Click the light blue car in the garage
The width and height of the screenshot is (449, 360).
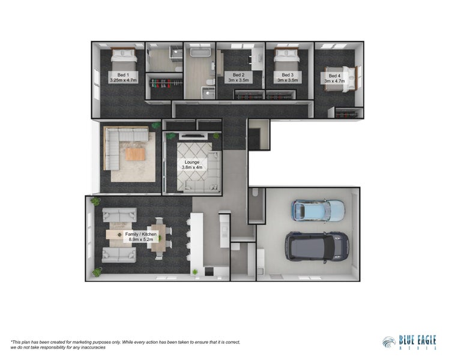pyautogui.click(x=318, y=210)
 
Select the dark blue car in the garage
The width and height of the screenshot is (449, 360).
pyautogui.click(x=317, y=246)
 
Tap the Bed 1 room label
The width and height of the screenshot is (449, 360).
pyautogui.click(x=123, y=76)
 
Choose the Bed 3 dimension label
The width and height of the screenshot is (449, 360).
pyautogui.click(x=287, y=79)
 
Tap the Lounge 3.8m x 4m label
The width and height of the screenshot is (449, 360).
pyautogui.click(x=191, y=165)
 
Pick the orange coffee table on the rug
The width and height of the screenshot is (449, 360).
pyautogui.click(x=135, y=154)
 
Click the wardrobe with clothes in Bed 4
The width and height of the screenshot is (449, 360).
pyautogui.click(x=349, y=113)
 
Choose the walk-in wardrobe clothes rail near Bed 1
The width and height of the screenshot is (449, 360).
pyautogui.click(x=164, y=87)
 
